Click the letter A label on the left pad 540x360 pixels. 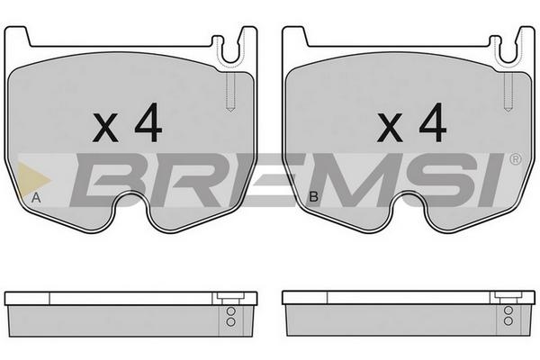pyautogui.click(x=36, y=198)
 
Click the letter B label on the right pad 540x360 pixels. pyautogui.click(x=314, y=197)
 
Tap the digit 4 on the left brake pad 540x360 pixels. pyautogui.click(x=148, y=122)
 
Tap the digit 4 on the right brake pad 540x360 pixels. pyautogui.click(x=433, y=122)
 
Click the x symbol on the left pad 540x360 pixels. pyautogui.click(x=105, y=128)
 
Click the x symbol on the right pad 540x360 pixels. pyautogui.click(x=390, y=128)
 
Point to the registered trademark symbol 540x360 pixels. pyautogui.click(x=516, y=159)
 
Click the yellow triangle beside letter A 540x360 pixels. pyautogui.click(x=31, y=179)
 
